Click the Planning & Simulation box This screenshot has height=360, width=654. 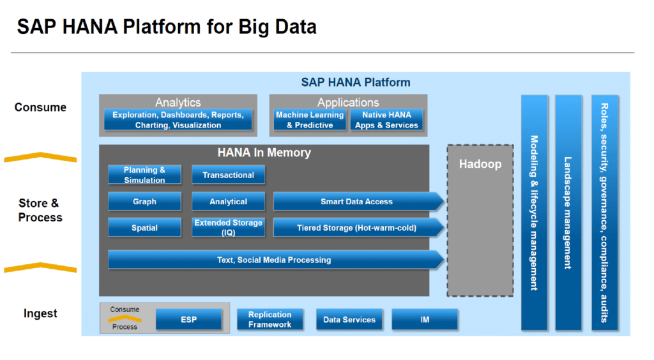click(x=144, y=175)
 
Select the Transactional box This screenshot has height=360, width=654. click(x=228, y=175)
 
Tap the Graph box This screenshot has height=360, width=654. click(x=144, y=202)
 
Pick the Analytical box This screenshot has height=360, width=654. click(x=228, y=202)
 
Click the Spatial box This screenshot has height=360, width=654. click(x=144, y=228)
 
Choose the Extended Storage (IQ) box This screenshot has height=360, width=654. click(x=228, y=228)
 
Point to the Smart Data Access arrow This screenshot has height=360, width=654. click(x=356, y=202)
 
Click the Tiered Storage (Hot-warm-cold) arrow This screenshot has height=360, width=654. click(x=356, y=228)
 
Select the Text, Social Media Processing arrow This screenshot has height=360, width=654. click(x=275, y=260)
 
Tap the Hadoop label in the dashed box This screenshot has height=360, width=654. click(x=480, y=164)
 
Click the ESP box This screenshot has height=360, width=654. click(x=188, y=320)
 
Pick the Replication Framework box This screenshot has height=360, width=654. click(x=270, y=320)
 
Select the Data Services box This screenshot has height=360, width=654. click(x=349, y=320)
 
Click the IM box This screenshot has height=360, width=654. click(x=425, y=320)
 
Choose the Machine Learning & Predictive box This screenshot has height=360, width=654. click(x=310, y=120)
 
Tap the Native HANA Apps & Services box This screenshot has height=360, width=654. click(x=386, y=120)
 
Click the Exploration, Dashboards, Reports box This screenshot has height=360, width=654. click(x=178, y=120)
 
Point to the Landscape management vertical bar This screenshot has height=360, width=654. click(x=568, y=213)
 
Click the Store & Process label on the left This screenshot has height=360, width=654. click(x=40, y=211)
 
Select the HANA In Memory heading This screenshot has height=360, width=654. click(x=264, y=153)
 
